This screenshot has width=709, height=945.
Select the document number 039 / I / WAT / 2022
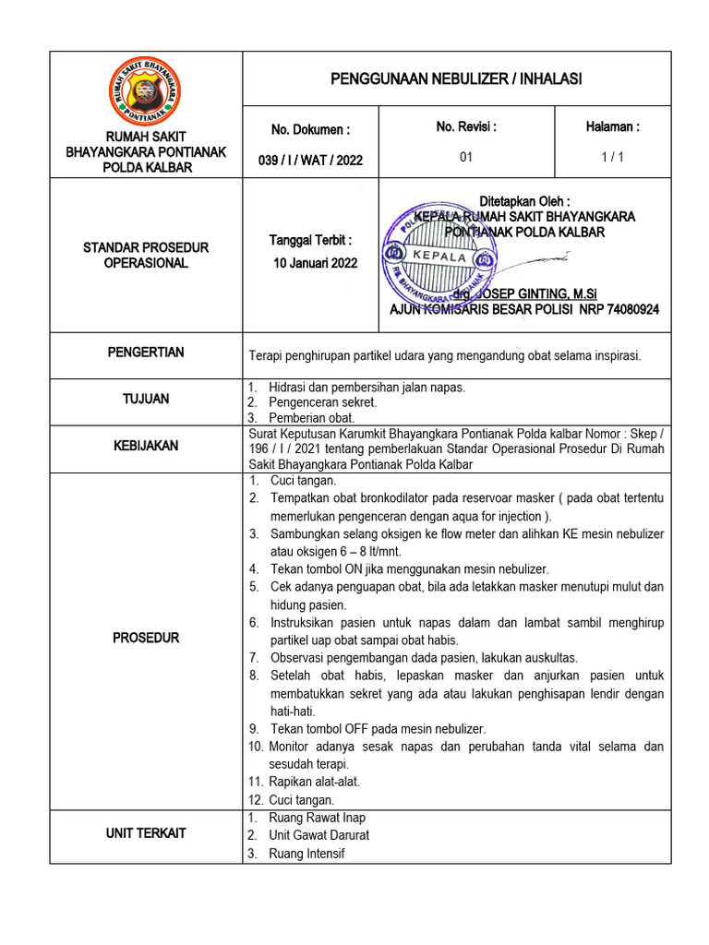point(310,160)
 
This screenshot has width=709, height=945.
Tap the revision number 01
point(466,157)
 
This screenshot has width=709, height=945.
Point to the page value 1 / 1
point(612,157)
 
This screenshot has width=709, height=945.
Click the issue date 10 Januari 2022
point(315,262)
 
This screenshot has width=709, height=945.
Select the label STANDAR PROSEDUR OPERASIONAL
point(146,256)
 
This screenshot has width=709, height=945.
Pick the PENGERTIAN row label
point(146,353)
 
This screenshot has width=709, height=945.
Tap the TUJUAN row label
point(146,400)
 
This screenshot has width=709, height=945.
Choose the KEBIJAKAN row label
point(146,446)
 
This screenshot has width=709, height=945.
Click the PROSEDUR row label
point(146,638)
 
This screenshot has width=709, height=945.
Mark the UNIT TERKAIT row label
point(146,833)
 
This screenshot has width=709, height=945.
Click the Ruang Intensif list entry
point(306,854)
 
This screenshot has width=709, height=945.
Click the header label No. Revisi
point(466,127)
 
